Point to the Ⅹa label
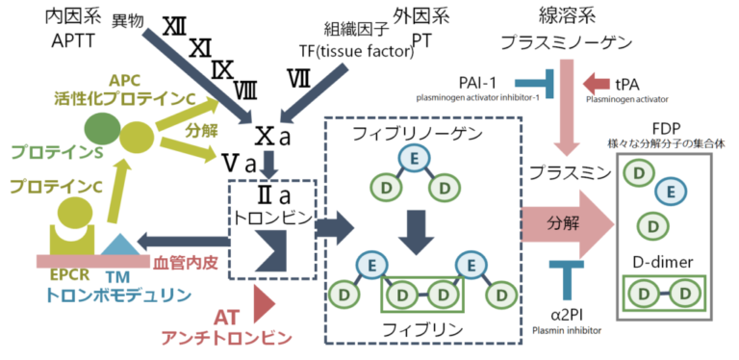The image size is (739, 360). pyautogui.click(x=271, y=136)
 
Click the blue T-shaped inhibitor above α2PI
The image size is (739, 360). pyautogui.click(x=566, y=275)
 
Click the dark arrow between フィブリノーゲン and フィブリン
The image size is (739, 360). pyautogui.click(x=413, y=228)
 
